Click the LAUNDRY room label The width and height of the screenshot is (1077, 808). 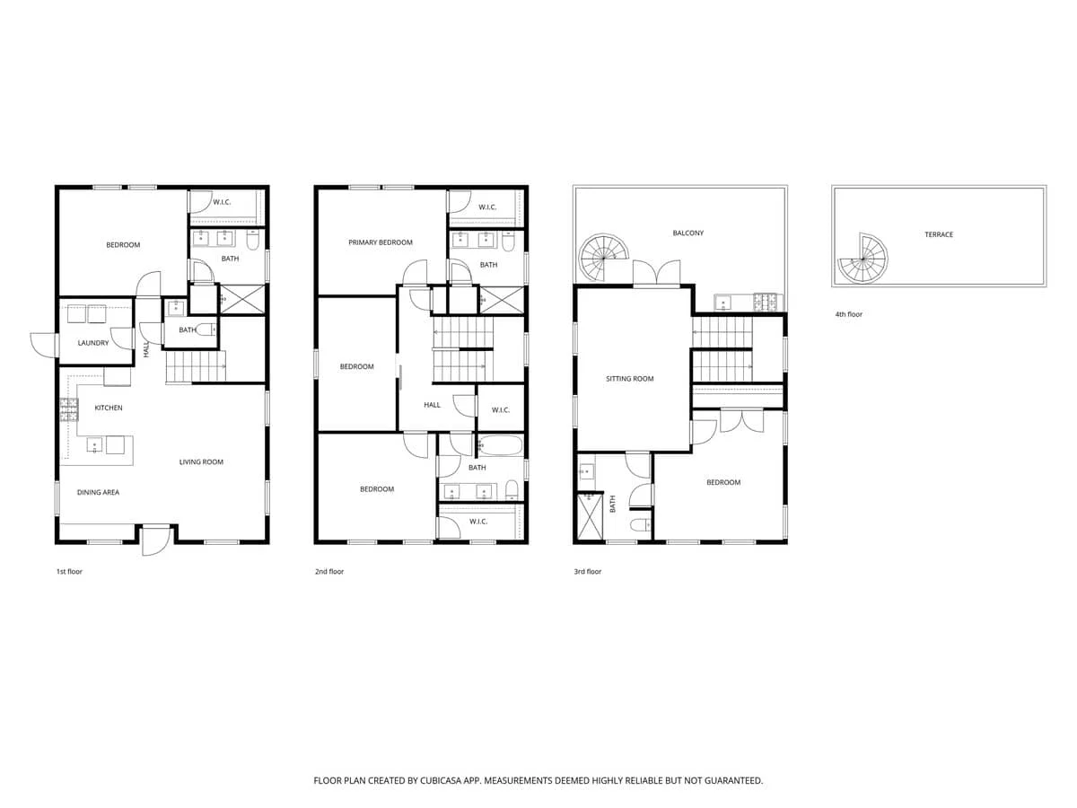pyautogui.click(x=93, y=343)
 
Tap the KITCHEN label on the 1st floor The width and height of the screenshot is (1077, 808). pyautogui.click(x=109, y=408)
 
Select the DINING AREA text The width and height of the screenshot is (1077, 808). pyautogui.click(x=98, y=492)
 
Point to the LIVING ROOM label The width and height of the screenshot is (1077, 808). pyautogui.click(x=201, y=461)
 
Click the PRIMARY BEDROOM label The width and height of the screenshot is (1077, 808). pyautogui.click(x=381, y=242)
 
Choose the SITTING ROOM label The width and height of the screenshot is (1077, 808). pyautogui.click(x=629, y=379)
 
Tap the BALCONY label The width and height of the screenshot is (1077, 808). pyautogui.click(x=687, y=233)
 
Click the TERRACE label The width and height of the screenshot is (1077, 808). pyautogui.click(x=939, y=234)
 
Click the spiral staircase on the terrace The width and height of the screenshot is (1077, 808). pyautogui.click(x=863, y=259)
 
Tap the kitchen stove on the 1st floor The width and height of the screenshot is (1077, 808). pyautogui.click(x=69, y=409)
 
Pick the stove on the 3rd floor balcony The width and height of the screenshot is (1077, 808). pyautogui.click(x=766, y=302)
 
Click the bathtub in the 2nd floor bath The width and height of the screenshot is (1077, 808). pyautogui.click(x=501, y=445)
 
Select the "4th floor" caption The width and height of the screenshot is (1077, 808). pyautogui.click(x=848, y=314)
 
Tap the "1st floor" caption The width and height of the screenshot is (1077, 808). pyautogui.click(x=69, y=572)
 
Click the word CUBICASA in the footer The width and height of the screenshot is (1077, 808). pyautogui.click(x=441, y=780)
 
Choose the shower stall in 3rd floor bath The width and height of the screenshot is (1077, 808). pyautogui.click(x=590, y=516)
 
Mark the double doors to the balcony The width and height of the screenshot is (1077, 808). pyautogui.click(x=656, y=273)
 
